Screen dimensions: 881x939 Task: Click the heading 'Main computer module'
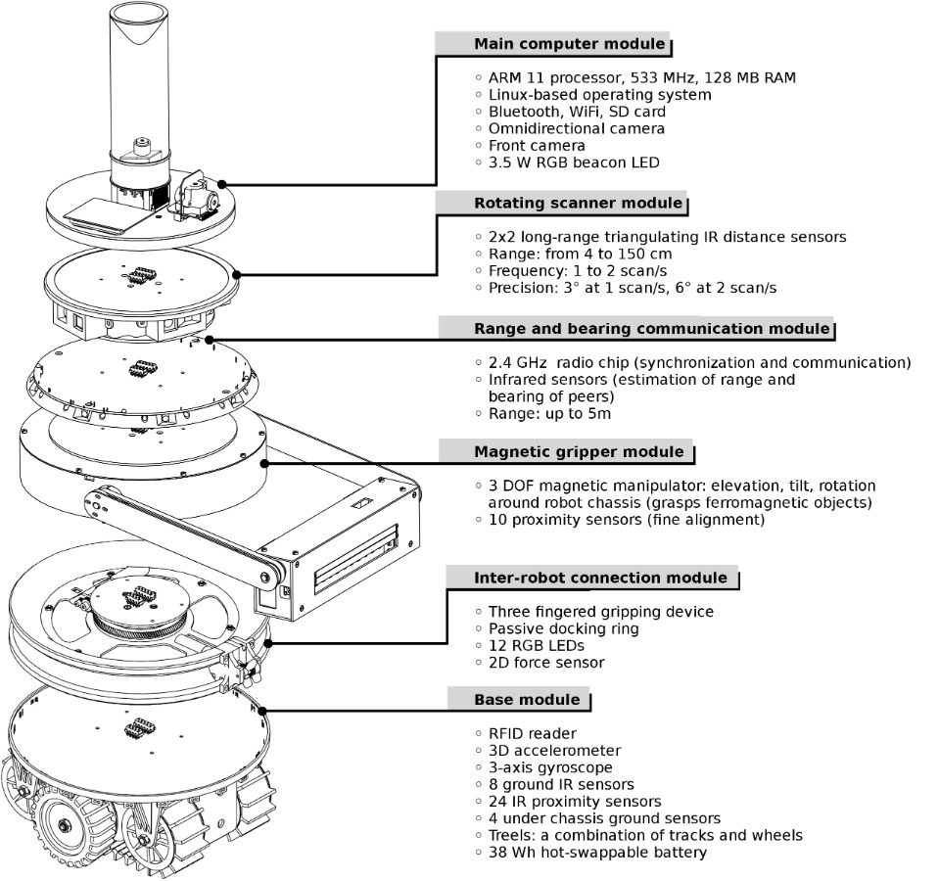click(569, 44)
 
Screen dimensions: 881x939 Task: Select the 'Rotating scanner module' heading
click(578, 203)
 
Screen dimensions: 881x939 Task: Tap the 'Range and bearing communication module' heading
click(651, 329)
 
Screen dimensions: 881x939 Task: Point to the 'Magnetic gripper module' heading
click(579, 451)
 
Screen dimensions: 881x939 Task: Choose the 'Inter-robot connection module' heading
click(600, 578)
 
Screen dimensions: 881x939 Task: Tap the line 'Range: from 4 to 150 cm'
click(580, 254)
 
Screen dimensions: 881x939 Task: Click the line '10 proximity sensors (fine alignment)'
click(627, 520)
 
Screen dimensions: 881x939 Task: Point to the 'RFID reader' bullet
click(532, 733)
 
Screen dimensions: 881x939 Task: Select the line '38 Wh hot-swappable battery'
click(596, 852)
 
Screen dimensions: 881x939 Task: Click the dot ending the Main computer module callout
click(224, 183)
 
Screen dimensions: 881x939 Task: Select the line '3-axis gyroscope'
click(550, 767)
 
